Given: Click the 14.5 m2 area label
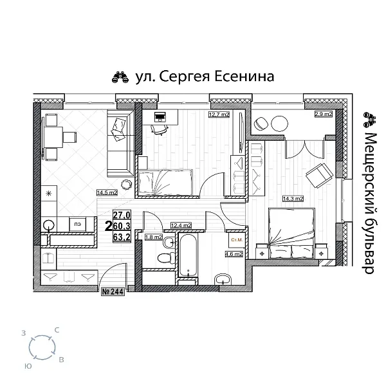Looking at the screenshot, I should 106,192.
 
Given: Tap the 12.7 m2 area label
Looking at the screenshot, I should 219,115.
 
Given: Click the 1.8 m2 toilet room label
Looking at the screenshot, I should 154,237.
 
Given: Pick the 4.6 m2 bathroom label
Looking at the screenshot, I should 233,254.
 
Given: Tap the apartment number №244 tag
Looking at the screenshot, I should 113,291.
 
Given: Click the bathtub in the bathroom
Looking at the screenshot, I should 187,257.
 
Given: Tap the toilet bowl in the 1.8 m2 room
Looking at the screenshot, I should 165,257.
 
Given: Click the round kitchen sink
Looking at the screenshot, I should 49,225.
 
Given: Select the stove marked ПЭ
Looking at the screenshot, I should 77,225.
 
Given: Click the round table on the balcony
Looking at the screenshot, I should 278,123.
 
